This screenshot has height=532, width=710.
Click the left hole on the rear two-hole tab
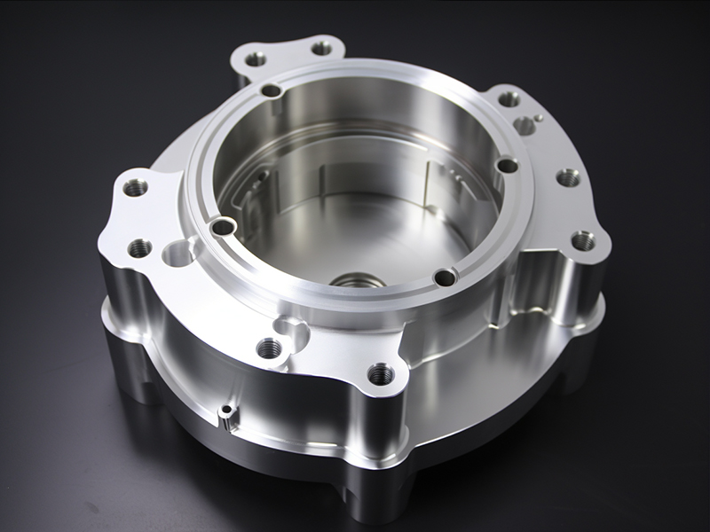[256, 59]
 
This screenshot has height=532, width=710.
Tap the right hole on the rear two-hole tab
[321, 48]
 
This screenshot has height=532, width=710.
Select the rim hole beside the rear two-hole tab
[272, 90]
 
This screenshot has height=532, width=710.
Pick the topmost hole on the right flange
[509, 99]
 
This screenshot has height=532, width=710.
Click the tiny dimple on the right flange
[539, 117]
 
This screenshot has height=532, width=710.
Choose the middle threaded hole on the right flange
[568, 178]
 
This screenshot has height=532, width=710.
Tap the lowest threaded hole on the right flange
[582, 240]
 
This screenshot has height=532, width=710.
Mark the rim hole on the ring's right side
[507, 165]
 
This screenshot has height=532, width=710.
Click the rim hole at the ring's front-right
[445, 278]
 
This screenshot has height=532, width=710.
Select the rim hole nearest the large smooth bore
[223, 228]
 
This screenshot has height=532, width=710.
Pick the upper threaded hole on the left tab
[135, 188]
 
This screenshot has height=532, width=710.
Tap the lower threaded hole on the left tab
[139, 248]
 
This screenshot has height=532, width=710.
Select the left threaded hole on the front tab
[269, 348]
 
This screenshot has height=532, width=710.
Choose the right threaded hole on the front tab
[381, 373]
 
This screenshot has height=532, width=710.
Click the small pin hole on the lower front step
[228, 411]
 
